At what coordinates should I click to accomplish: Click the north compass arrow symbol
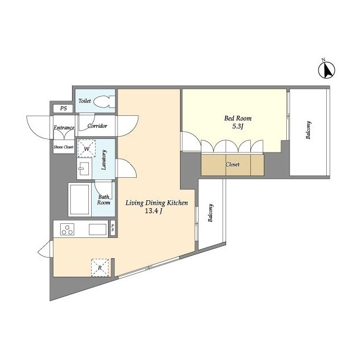click(325, 71)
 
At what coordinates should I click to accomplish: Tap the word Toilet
click(85, 101)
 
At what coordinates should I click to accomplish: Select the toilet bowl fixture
click(104, 102)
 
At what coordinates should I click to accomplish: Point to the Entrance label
click(64, 128)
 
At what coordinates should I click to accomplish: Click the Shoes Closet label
click(63, 147)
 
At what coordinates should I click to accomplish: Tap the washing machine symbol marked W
click(87, 149)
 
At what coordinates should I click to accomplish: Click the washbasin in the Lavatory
click(85, 168)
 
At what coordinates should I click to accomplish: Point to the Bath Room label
click(103, 200)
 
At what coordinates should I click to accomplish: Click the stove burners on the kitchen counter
click(68, 229)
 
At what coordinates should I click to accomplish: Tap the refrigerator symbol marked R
click(100, 267)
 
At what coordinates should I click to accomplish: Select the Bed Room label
click(238, 119)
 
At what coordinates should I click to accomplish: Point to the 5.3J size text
click(238, 127)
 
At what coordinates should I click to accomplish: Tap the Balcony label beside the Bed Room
click(309, 131)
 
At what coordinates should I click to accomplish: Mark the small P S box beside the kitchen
click(113, 228)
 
